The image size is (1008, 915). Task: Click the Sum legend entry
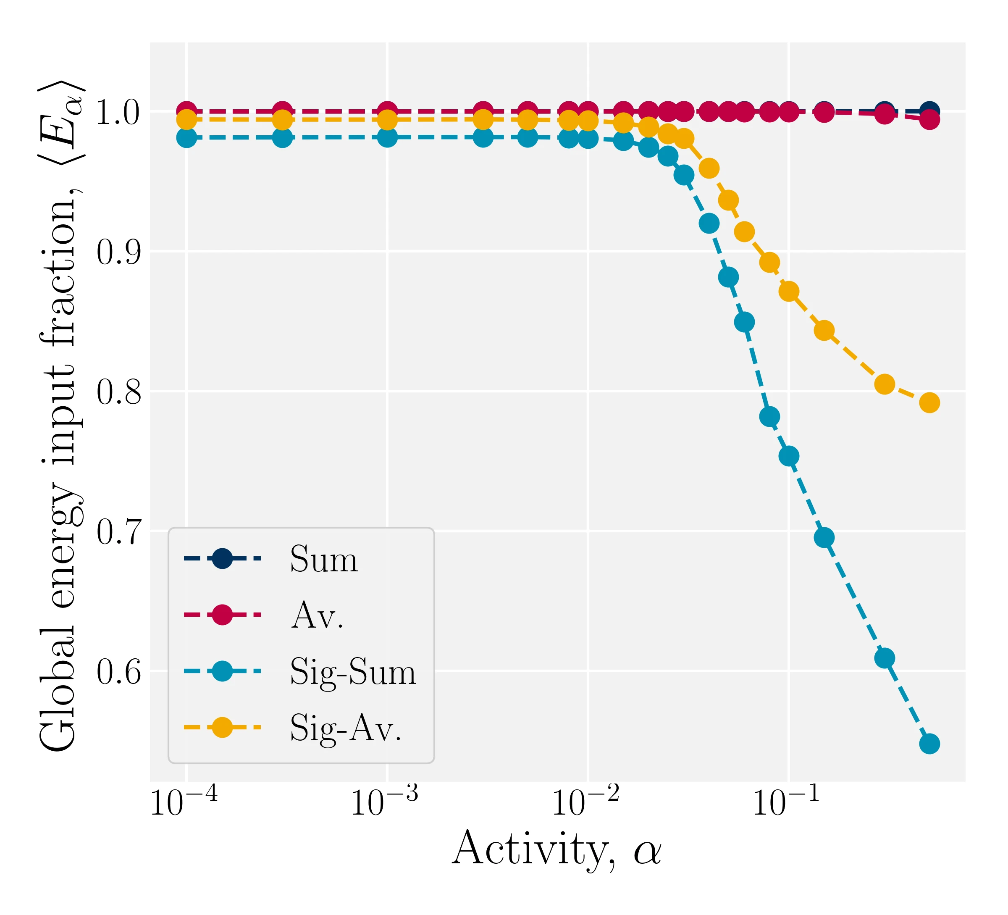point(323,559)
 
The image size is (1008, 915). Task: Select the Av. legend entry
point(317,615)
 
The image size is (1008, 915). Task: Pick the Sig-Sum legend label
point(353,671)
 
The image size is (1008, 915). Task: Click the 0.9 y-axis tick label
point(118,252)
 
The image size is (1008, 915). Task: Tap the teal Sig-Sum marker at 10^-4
point(186,137)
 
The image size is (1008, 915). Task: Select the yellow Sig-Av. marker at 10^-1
point(788,292)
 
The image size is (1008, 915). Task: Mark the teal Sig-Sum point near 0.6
point(885,658)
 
